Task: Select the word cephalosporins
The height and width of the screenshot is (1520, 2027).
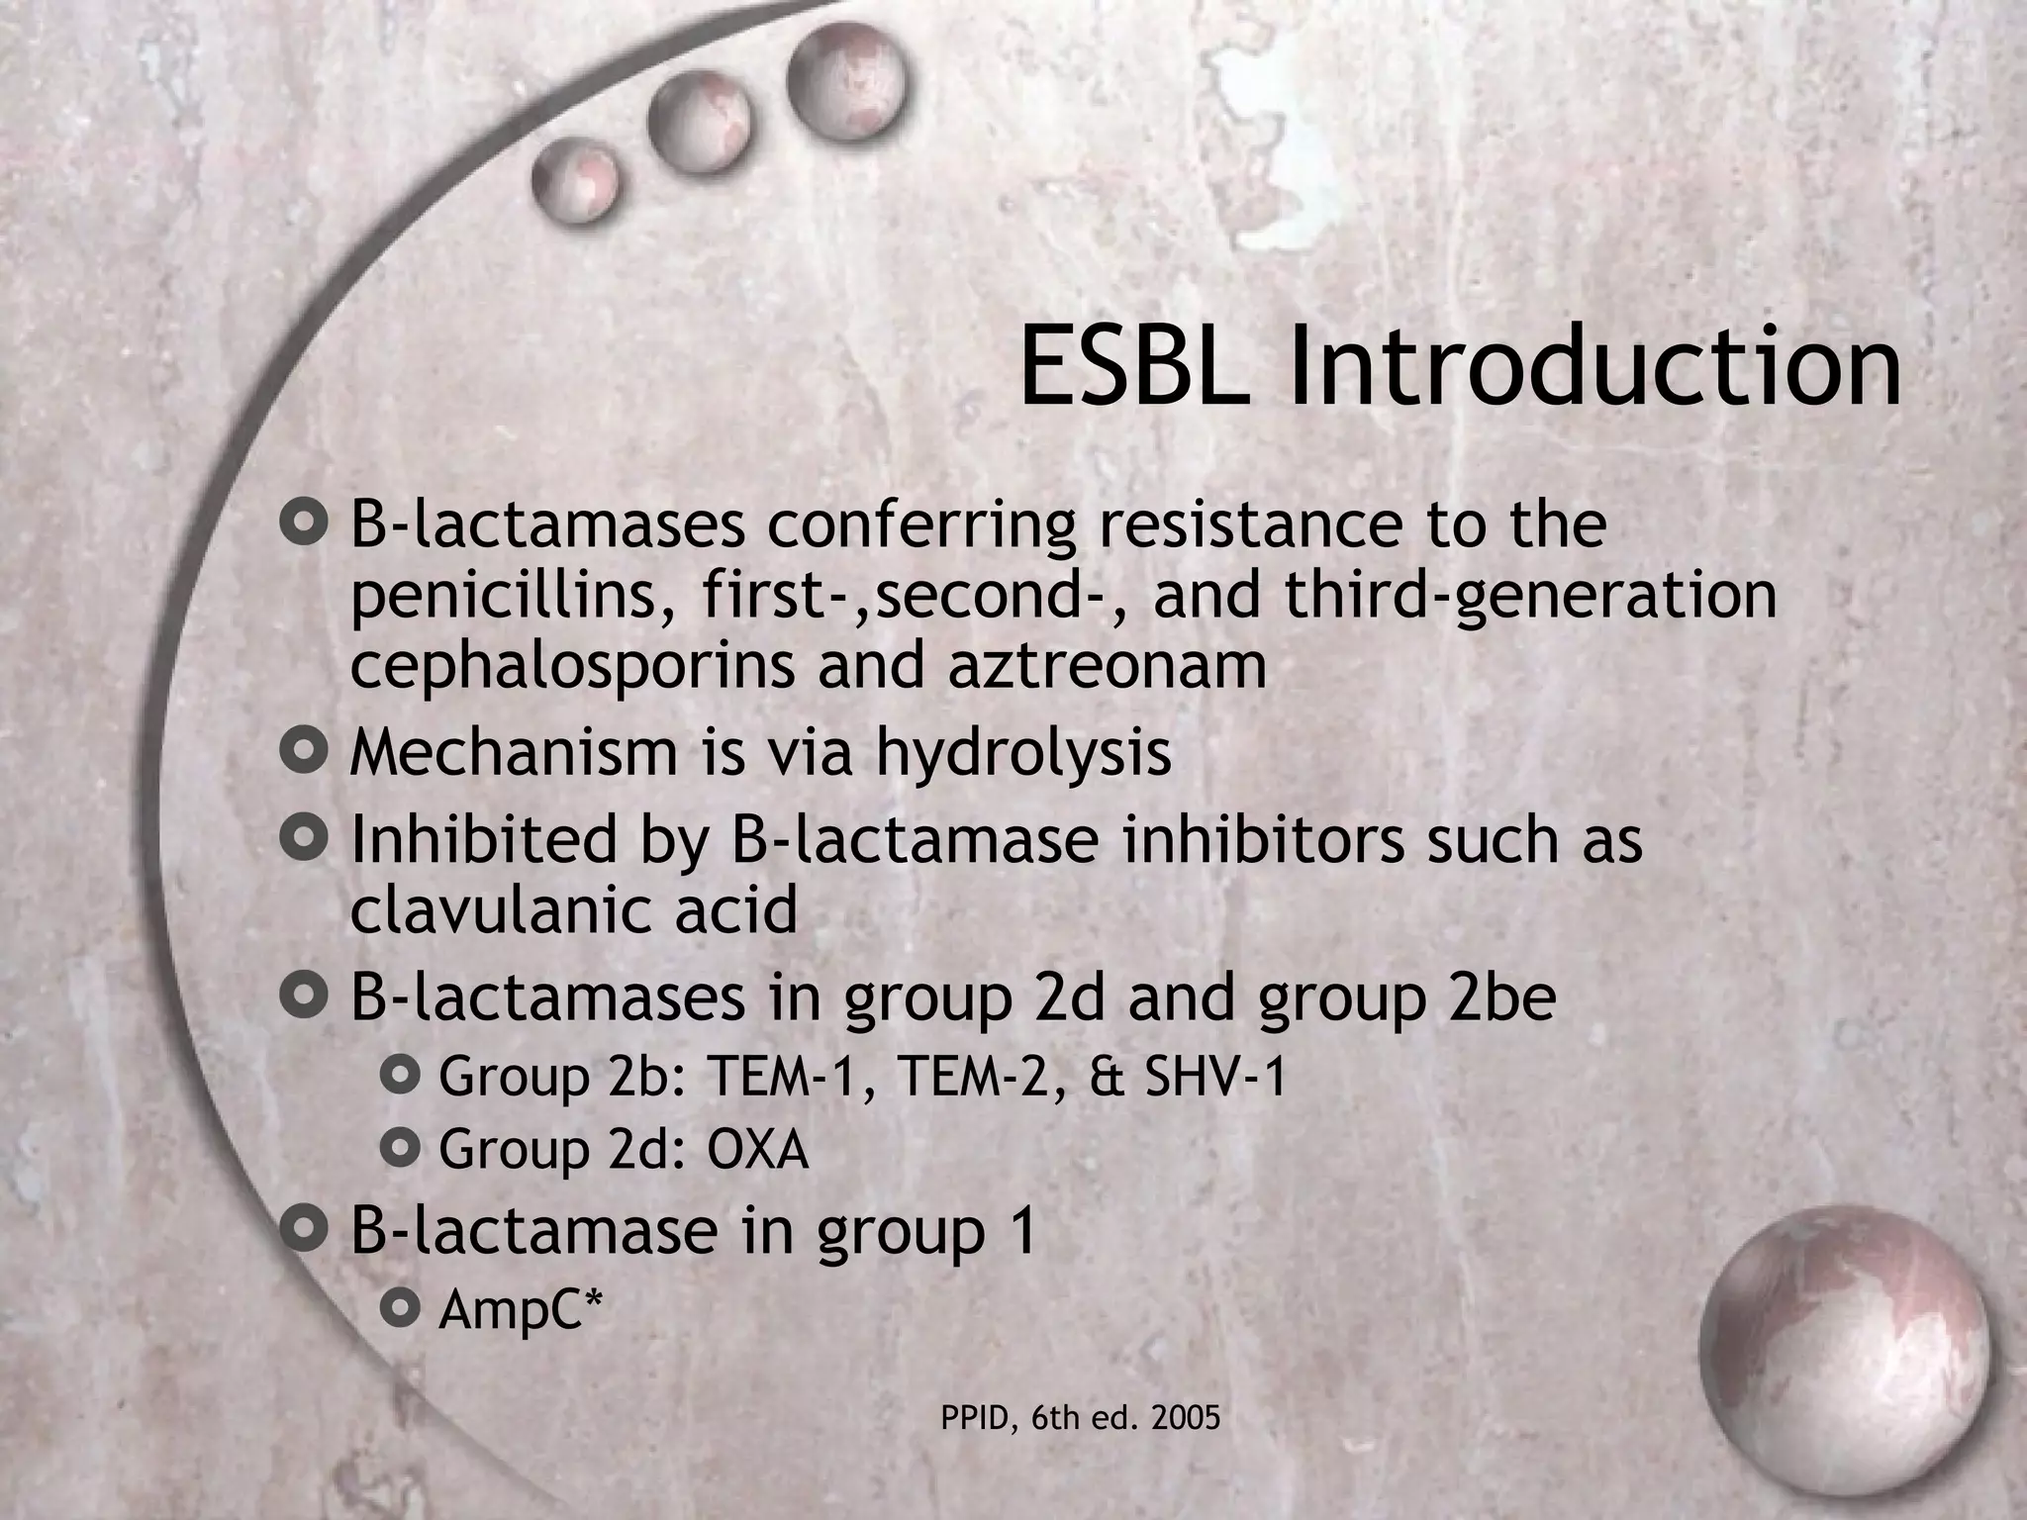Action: (572, 668)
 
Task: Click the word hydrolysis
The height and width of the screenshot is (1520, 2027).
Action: (1023, 755)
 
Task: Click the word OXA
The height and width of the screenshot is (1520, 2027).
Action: (758, 1150)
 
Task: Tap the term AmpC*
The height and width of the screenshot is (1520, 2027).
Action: (521, 1310)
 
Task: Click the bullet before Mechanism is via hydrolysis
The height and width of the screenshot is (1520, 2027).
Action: (303, 752)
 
